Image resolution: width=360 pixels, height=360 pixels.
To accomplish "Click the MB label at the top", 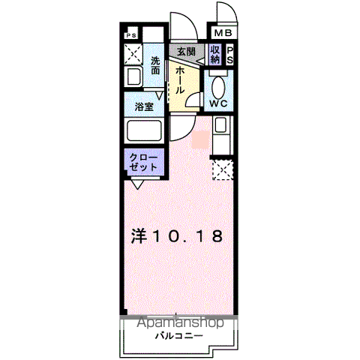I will coord(223,34).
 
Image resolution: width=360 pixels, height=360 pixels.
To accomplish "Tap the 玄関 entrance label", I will coord(185,52).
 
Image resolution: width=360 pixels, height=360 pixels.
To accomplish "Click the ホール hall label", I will coord(181,79).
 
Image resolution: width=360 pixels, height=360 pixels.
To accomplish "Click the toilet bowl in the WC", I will coord(219,85).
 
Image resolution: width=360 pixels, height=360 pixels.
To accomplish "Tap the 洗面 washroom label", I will coord(155,65).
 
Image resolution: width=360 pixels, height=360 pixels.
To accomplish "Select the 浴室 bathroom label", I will coord(144,106).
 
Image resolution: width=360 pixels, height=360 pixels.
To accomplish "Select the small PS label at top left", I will coord(130,34).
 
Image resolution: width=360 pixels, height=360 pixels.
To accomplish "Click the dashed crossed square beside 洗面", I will coord(133,54).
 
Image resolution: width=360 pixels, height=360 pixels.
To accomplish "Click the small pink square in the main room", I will coord(200,139).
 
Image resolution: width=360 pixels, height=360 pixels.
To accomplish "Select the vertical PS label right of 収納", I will coord(229,55).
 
